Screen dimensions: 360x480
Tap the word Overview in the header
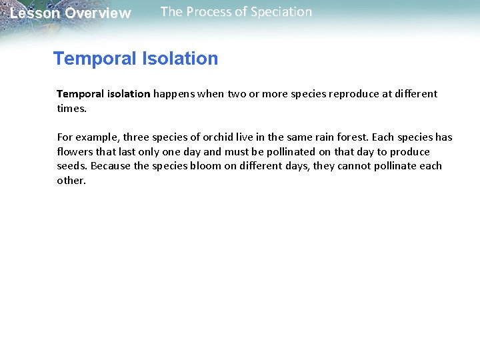tap(98, 13)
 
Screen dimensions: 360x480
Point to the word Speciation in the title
tap(279, 12)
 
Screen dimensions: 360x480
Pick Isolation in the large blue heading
tap(180, 59)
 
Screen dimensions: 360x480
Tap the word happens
tap(177, 94)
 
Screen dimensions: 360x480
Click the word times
tap(71, 108)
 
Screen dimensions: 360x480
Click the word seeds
tap(72, 166)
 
